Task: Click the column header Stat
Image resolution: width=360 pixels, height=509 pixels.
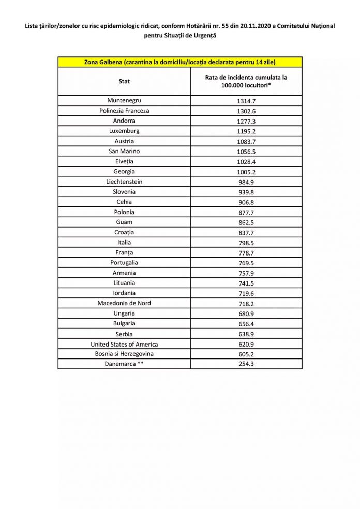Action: [x=124, y=81]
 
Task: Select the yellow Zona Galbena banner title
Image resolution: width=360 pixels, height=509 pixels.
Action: [x=179, y=63]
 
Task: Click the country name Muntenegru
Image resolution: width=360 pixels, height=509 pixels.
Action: [x=124, y=100]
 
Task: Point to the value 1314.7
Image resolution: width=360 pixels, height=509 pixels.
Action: [x=246, y=100]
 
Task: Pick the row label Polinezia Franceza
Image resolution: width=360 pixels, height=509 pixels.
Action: [x=124, y=111]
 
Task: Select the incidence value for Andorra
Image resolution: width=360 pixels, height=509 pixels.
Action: [x=246, y=121]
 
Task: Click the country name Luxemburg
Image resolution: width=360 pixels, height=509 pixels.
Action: [x=124, y=131]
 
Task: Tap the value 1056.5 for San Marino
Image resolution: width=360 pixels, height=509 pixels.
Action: [x=246, y=151]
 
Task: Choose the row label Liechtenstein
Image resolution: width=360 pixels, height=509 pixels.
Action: [x=124, y=182]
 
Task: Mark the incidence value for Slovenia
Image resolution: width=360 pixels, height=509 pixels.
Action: [x=246, y=192]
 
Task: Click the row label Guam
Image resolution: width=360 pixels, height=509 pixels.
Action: [x=124, y=222]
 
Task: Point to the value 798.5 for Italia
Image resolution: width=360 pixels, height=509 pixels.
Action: [x=246, y=243]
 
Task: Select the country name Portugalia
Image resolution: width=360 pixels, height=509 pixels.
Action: [x=124, y=263]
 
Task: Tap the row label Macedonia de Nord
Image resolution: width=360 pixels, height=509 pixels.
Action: [x=124, y=303]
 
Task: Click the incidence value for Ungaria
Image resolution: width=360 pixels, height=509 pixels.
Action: [x=246, y=313]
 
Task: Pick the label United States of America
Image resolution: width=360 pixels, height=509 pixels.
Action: [x=124, y=344]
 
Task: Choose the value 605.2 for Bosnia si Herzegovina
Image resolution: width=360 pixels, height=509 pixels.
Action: [x=246, y=354]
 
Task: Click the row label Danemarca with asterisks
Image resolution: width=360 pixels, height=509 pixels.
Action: [x=124, y=364]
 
